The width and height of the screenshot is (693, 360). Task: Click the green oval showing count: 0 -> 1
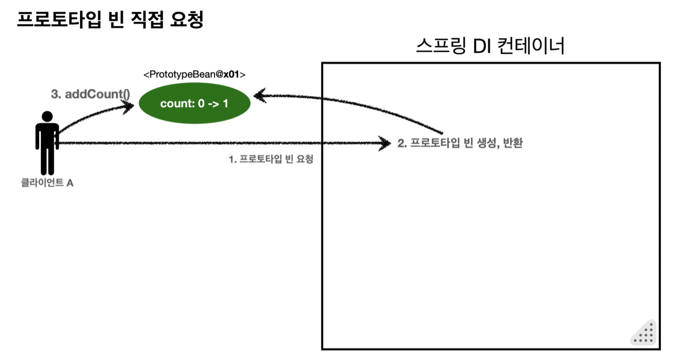(194, 104)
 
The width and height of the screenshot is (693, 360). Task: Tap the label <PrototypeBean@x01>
(194, 75)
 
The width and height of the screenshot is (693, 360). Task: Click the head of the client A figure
(47, 117)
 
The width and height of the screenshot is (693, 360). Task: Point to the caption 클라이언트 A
(47, 183)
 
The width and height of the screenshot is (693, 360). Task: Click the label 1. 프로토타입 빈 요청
(271, 159)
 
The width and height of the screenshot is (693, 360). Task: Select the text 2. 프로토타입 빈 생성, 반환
(460, 144)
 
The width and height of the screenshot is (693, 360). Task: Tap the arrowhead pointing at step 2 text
(385, 143)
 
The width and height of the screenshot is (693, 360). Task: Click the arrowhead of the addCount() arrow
(129, 105)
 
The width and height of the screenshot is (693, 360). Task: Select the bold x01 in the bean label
(231, 75)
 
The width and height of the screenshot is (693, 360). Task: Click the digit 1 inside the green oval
(225, 104)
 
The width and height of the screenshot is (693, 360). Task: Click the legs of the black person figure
(47, 161)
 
